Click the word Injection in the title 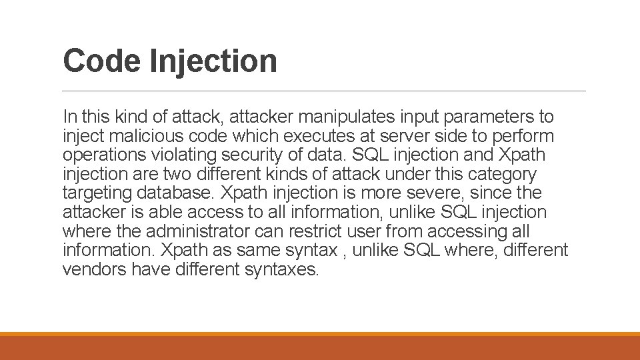coord(213,61)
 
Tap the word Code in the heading coord(102,61)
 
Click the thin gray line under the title coord(324,91)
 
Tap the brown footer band coord(320,347)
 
